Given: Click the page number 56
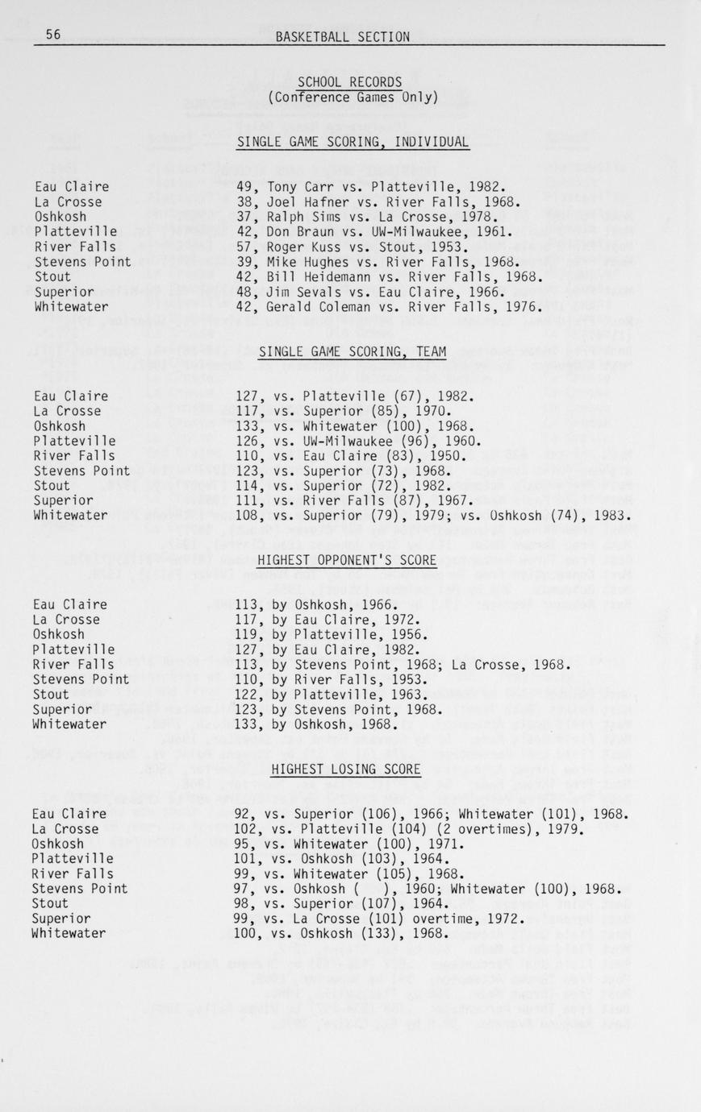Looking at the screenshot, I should [53, 35].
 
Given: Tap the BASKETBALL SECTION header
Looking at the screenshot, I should [342, 36].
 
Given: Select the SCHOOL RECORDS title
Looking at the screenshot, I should [349, 82].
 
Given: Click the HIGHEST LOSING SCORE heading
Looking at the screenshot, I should [345, 770].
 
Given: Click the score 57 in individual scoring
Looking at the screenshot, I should [244, 247].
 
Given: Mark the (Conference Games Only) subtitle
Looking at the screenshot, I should [353, 98].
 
